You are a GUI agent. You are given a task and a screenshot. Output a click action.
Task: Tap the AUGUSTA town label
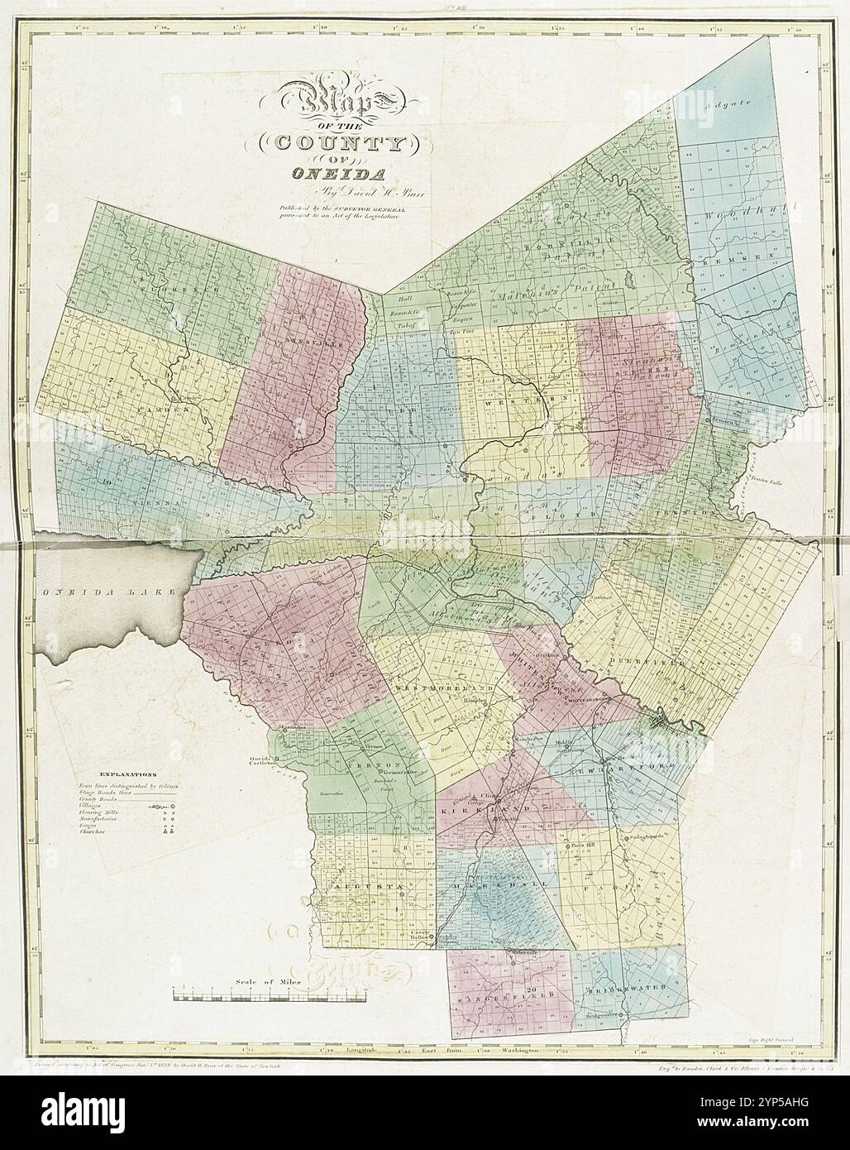[370, 886]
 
